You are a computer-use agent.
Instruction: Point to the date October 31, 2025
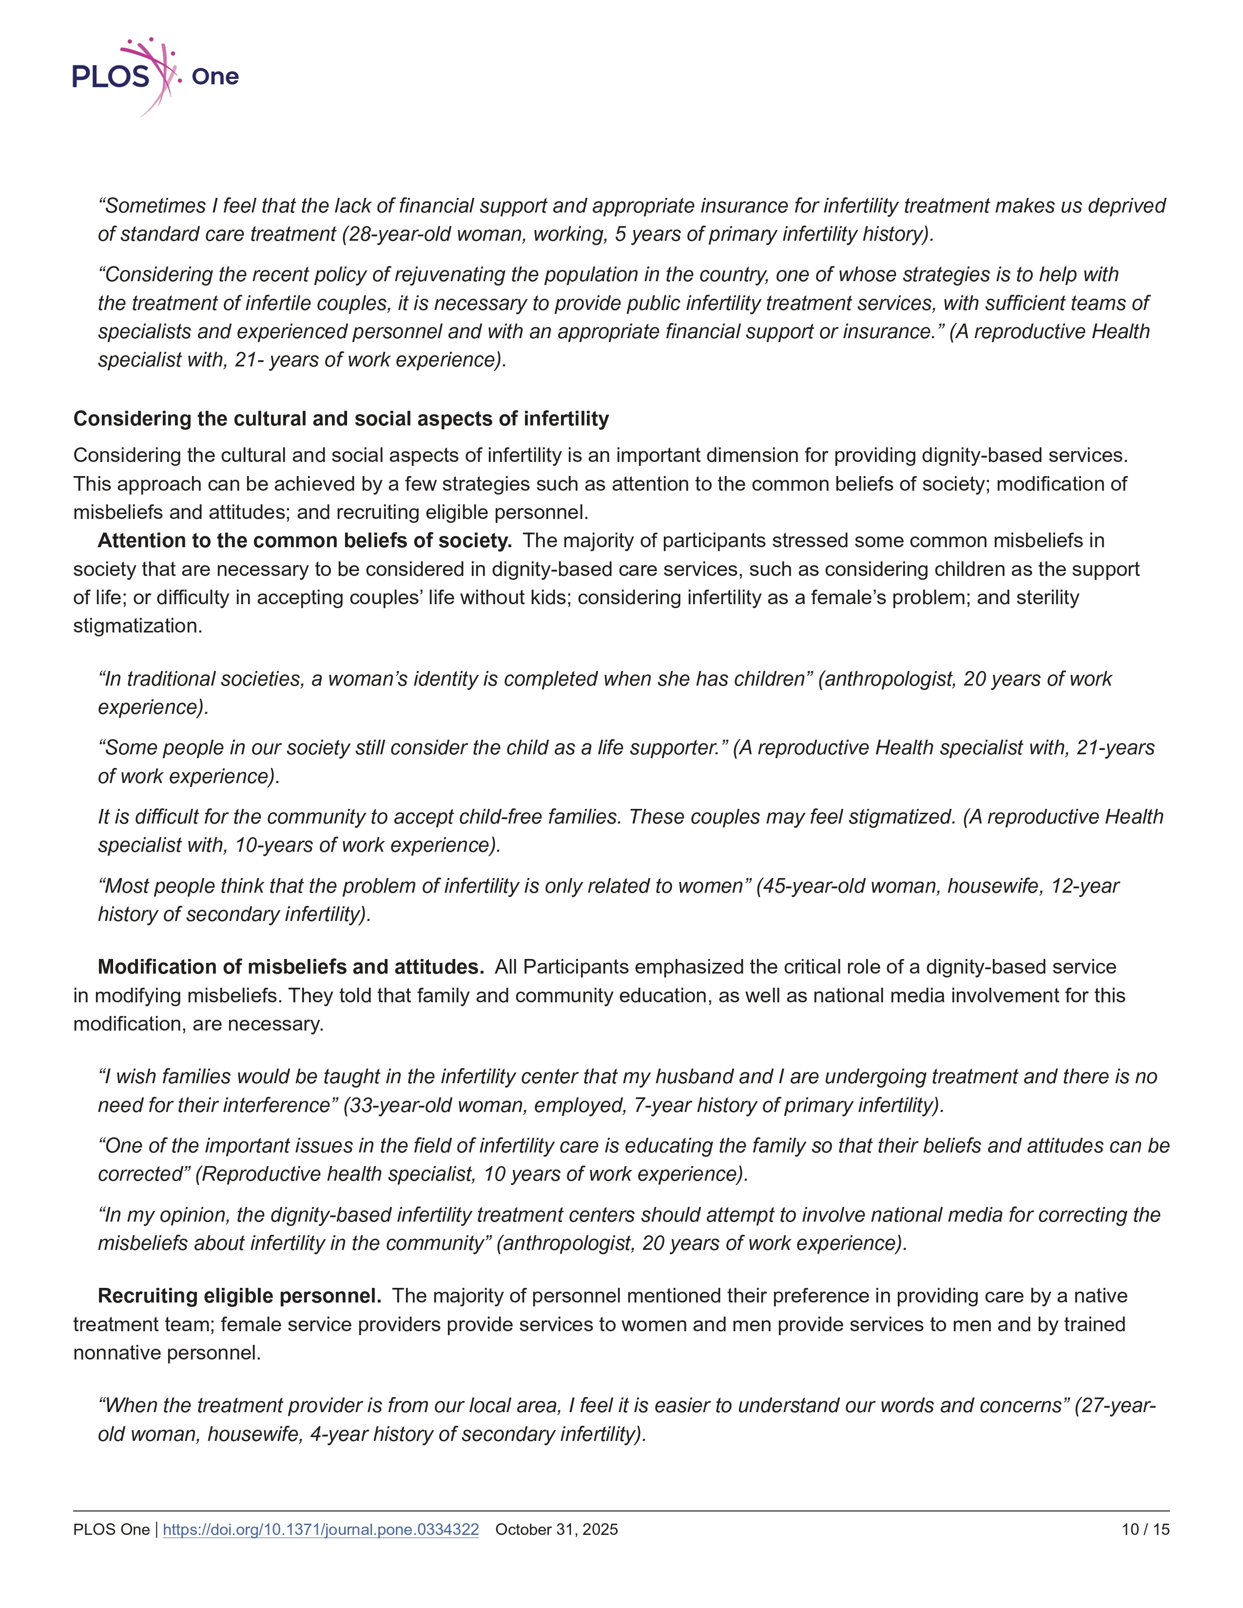(557, 1529)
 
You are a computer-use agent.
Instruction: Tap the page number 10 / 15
(1145, 1529)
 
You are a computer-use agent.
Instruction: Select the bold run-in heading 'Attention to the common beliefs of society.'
(304, 540)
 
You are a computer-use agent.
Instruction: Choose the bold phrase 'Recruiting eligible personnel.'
(239, 1296)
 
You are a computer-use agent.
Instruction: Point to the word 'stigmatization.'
(137, 626)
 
